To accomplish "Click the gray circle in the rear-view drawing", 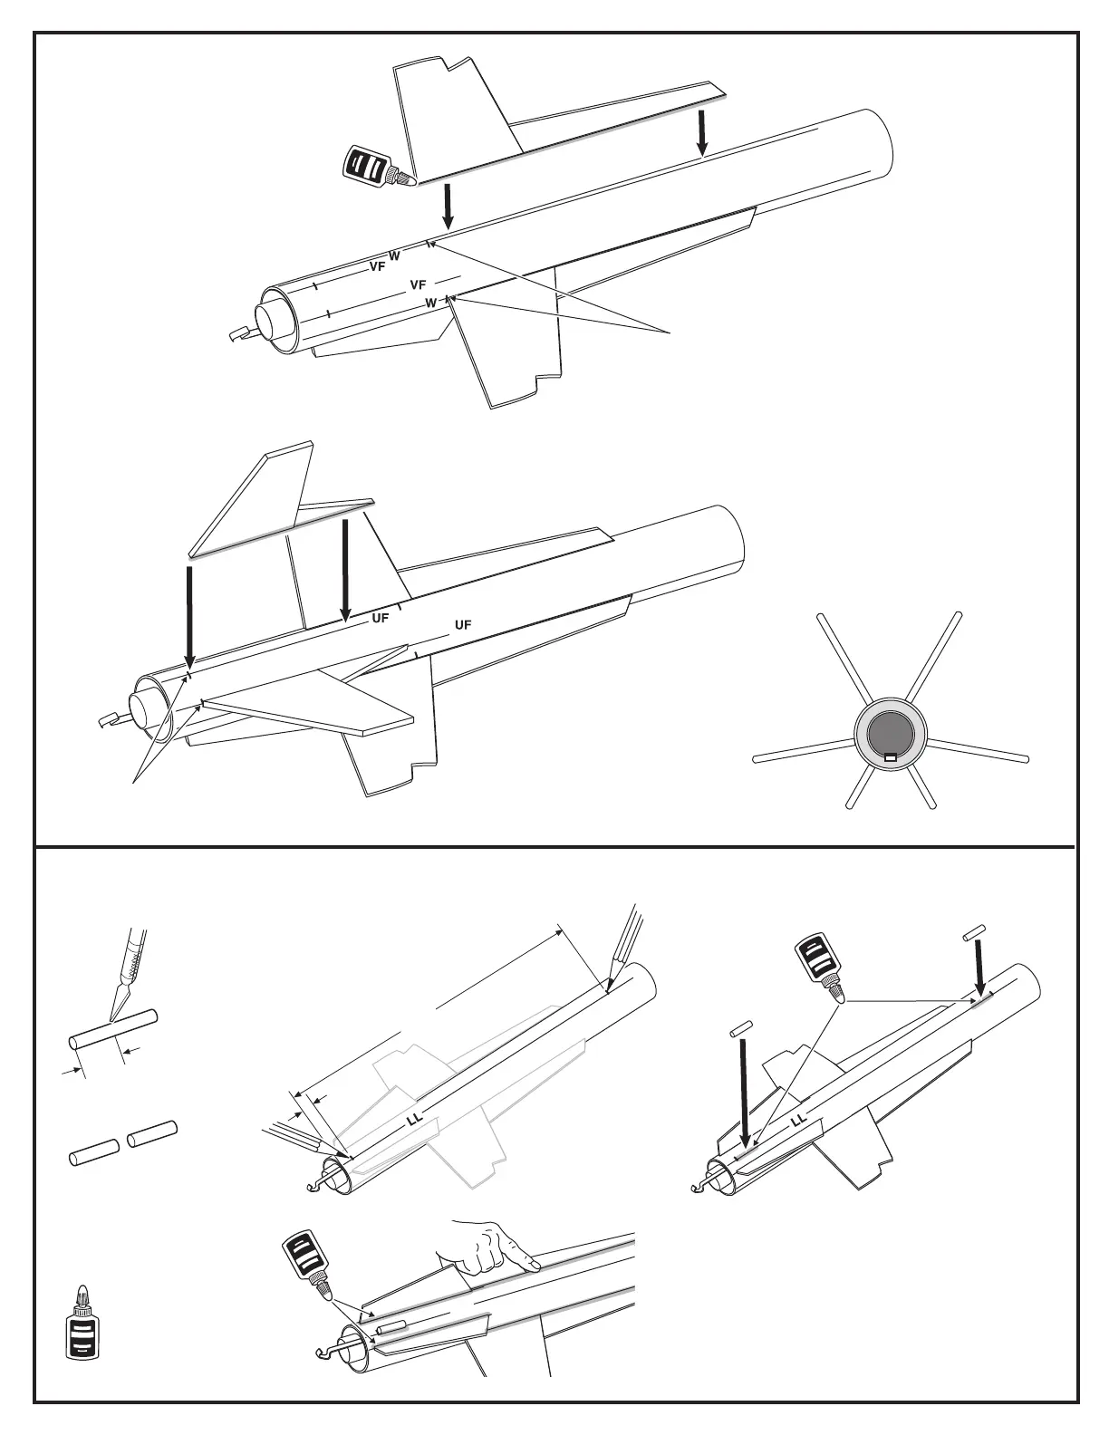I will tap(891, 735).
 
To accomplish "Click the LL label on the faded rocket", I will tap(415, 1120).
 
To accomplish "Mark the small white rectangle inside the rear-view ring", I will tap(890, 757).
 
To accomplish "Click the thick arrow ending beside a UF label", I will tap(345, 571).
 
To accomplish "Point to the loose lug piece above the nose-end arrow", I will tap(974, 930).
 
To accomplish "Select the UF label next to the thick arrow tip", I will tap(381, 619).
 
